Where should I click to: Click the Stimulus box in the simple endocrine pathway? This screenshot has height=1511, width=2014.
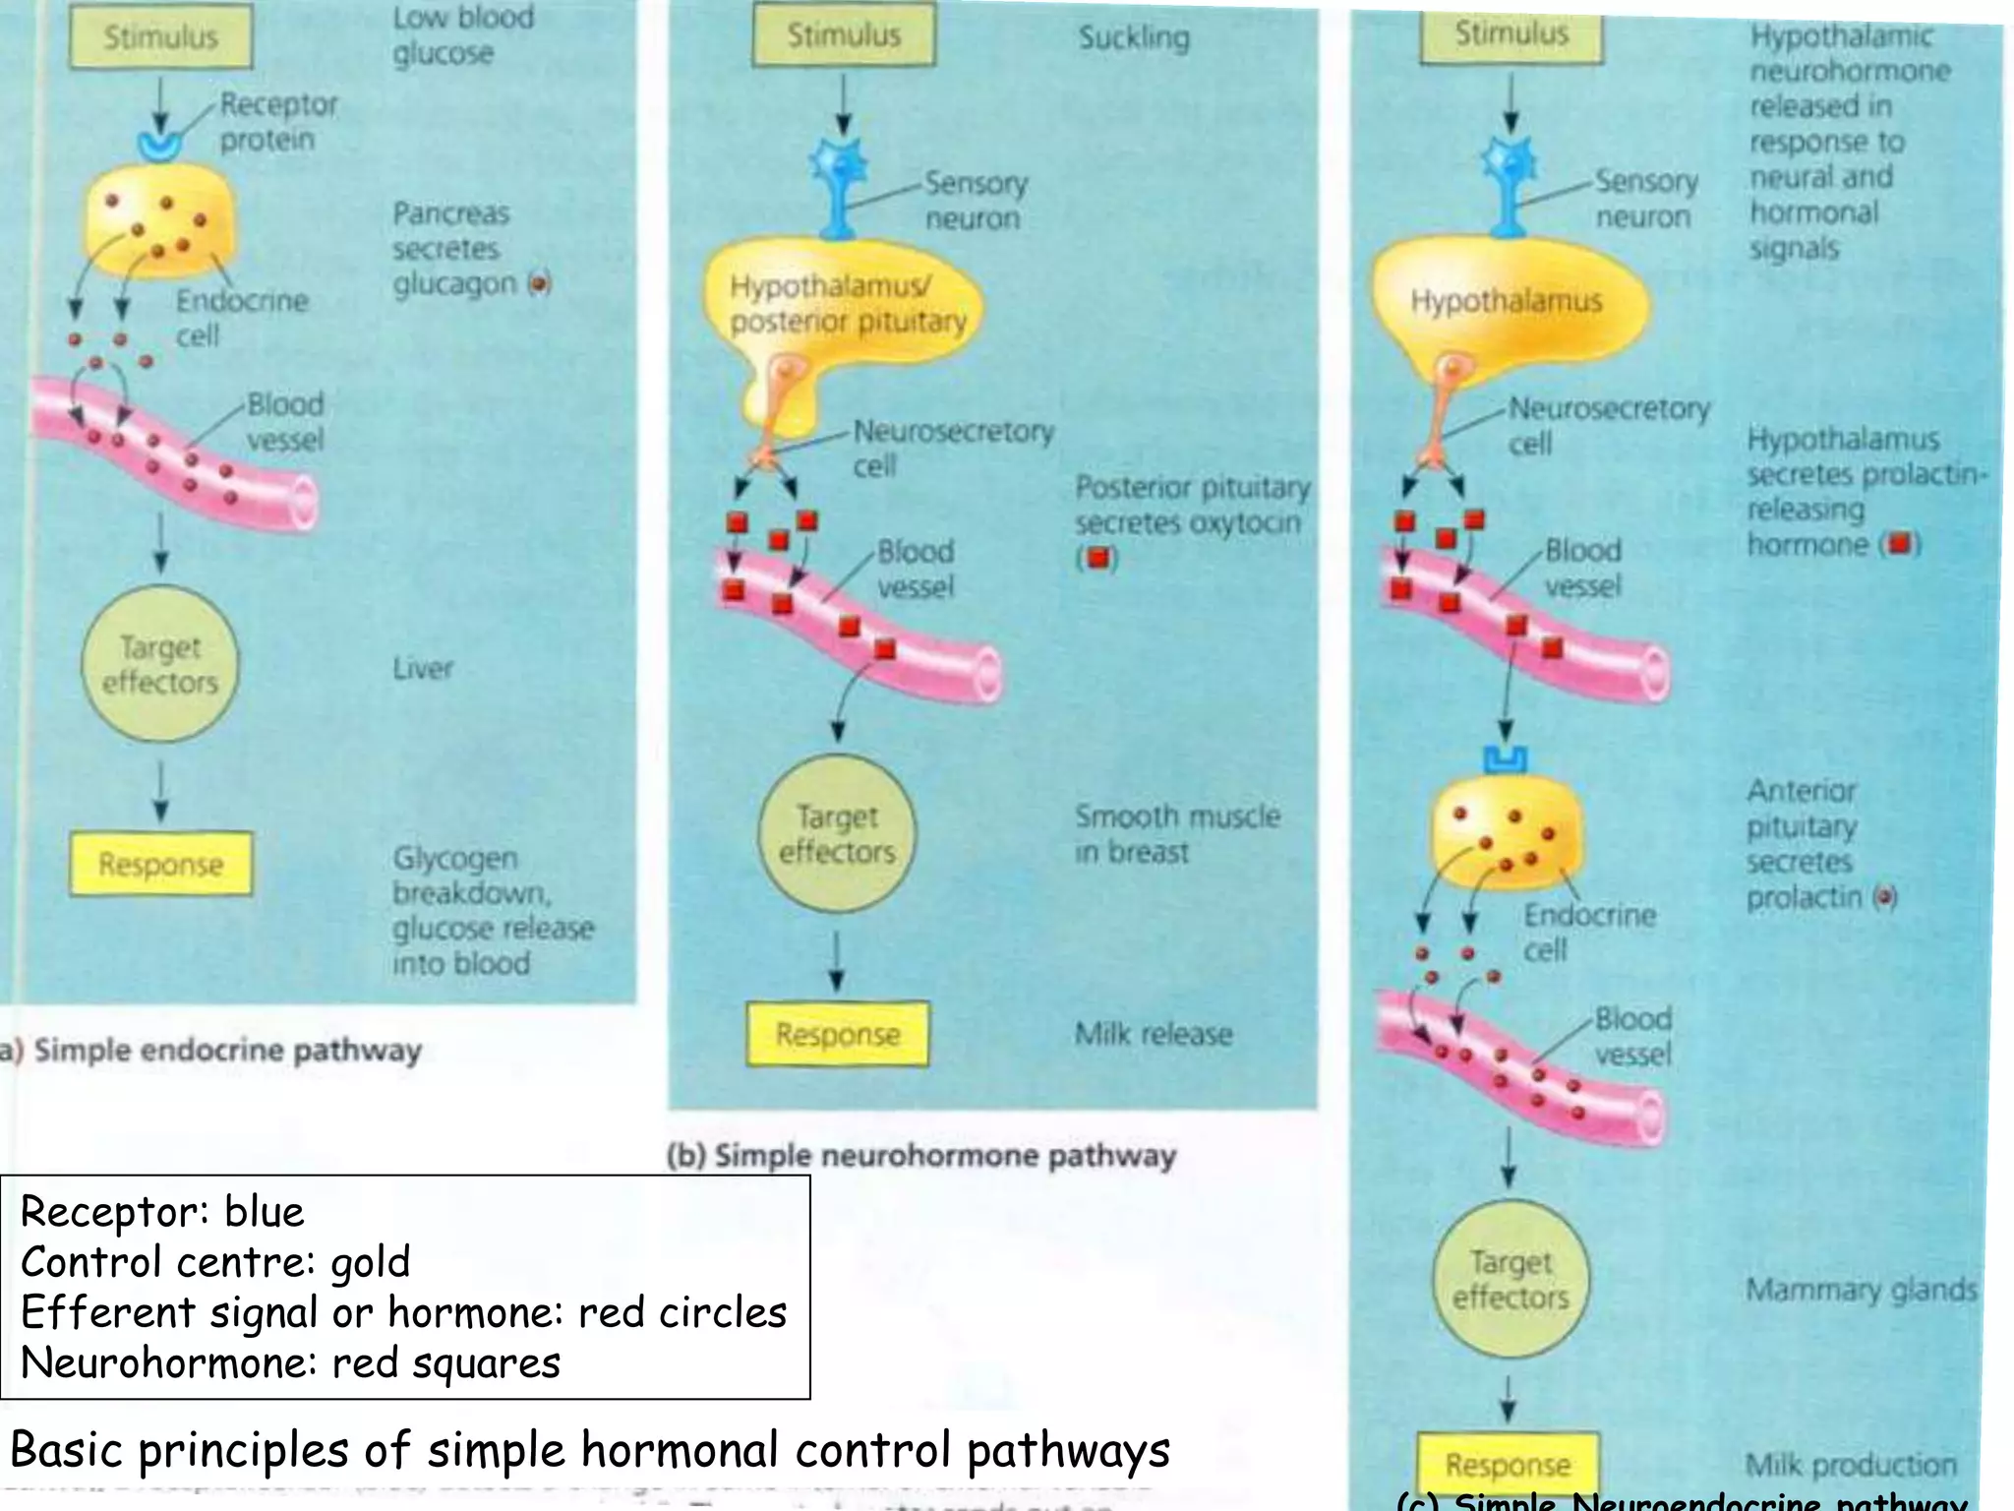pyautogui.click(x=160, y=37)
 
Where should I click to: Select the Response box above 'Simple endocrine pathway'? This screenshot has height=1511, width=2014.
pyautogui.click(x=160, y=864)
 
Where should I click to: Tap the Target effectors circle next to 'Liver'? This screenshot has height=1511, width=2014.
pyautogui.click(x=160, y=665)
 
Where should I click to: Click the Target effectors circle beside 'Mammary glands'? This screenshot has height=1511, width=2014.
pyautogui.click(x=1510, y=1279)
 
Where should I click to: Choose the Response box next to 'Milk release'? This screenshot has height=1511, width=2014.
pyautogui.click(x=837, y=1034)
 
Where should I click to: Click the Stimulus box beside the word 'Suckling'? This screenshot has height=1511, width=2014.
pyautogui.click(x=844, y=35)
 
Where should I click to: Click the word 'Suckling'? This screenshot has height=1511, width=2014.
pyautogui.click(x=1134, y=37)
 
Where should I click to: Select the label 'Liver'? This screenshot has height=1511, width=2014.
pyautogui.click(x=423, y=669)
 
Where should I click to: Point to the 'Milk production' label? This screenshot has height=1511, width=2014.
pyautogui.click(x=1851, y=1465)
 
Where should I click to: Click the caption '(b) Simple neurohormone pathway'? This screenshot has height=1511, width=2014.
pyautogui.click(x=921, y=1155)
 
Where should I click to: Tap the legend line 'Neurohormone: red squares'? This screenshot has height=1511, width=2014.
pyautogui.click(x=290, y=1363)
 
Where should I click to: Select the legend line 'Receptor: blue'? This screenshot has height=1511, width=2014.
pyautogui.click(x=162, y=1212)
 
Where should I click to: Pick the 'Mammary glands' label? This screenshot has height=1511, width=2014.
pyautogui.click(x=1862, y=1290)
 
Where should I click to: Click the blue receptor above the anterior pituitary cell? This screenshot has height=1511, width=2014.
pyautogui.click(x=1505, y=759)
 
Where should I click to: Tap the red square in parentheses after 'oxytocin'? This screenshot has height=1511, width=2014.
pyautogui.click(x=1097, y=558)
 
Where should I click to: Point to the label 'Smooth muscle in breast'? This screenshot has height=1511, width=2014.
pyautogui.click(x=1177, y=833)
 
